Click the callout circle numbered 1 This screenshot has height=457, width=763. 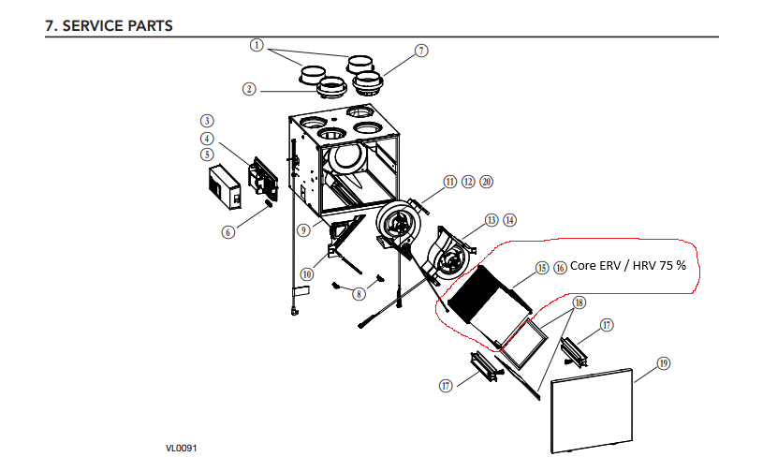[257, 44]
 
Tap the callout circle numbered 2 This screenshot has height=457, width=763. [249, 89]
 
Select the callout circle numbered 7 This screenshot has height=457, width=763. [421, 50]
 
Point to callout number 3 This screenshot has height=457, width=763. [208, 121]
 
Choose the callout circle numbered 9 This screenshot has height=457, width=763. [303, 229]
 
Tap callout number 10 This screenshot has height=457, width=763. [307, 274]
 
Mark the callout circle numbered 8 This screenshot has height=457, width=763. [359, 294]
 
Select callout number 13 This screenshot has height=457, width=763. [492, 221]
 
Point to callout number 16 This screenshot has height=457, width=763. [560, 267]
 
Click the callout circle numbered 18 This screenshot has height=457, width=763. [579, 302]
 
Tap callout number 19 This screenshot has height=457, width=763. [663, 363]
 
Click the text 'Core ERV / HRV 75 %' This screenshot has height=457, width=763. [628, 267]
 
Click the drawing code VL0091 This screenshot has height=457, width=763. [183, 448]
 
